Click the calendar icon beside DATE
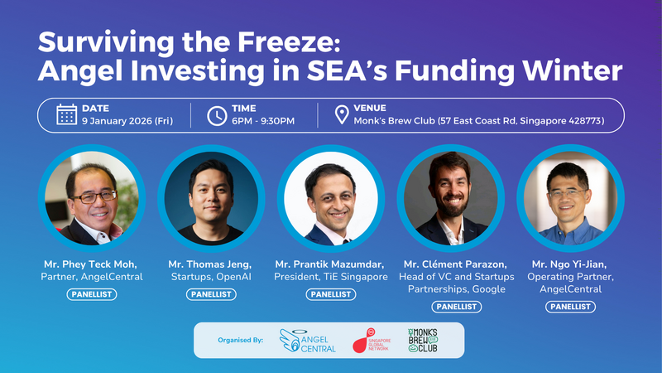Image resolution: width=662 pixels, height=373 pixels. click(x=67, y=114)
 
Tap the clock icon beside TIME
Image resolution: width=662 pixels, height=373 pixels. click(x=217, y=114)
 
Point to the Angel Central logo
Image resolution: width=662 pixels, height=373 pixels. click(x=309, y=340)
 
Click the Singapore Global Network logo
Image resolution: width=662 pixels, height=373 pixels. click(x=371, y=340)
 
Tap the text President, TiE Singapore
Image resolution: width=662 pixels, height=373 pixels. click(x=330, y=277)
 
